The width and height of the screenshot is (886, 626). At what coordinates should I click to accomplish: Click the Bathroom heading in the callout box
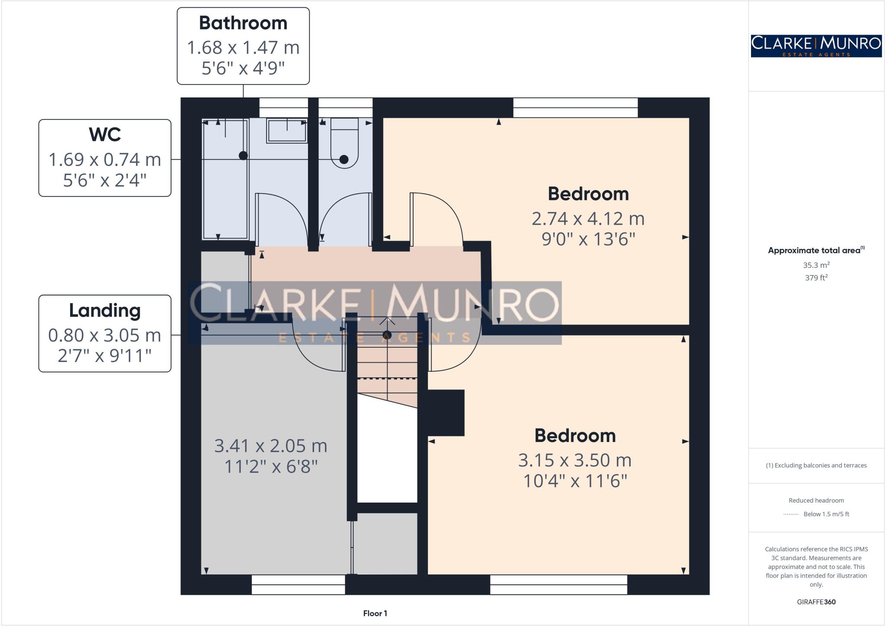pyautogui.click(x=243, y=23)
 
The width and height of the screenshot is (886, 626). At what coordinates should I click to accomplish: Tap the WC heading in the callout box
pyautogui.click(x=105, y=135)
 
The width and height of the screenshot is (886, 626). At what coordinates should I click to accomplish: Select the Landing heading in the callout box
pyautogui.click(x=105, y=310)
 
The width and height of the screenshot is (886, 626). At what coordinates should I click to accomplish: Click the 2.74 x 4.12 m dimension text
pyautogui.click(x=588, y=219)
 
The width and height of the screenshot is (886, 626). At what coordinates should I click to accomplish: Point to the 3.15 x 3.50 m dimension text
pyautogui.click(x=575, y=460)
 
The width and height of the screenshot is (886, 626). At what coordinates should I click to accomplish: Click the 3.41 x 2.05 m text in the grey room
pyautogui.click(x=271, y=446)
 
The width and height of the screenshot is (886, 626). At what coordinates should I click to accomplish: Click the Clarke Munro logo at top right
pyautogui.click(x=816, y=46)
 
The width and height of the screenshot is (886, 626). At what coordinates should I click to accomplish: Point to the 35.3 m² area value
pyautogui.click(x=816, y=265)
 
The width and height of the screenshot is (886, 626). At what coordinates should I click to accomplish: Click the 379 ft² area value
pyautogui.click(x=816, y=278)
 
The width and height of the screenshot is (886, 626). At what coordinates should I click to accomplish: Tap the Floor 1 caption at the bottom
pyautogui.click(x=375, y=613)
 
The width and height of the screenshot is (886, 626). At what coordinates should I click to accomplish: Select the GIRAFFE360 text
pyautogui.click(x=816, y=602)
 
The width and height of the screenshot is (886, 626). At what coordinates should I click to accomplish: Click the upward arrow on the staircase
pyautogui.click(x=387, y=321)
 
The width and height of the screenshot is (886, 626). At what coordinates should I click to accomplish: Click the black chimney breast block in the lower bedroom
pyautogui.click(x=446, y=413)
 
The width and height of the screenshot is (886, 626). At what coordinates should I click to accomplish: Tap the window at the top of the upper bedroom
pyautogui.click(x=575, y=107)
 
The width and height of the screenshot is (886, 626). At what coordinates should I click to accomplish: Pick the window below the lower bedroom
pyautogui.click(x=558, y=584)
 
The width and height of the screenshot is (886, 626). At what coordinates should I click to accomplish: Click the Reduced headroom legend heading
pyautogui.click(x=816, y=500)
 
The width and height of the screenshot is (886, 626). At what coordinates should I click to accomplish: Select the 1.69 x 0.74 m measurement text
pyautogui.click(x=105, y=160)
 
